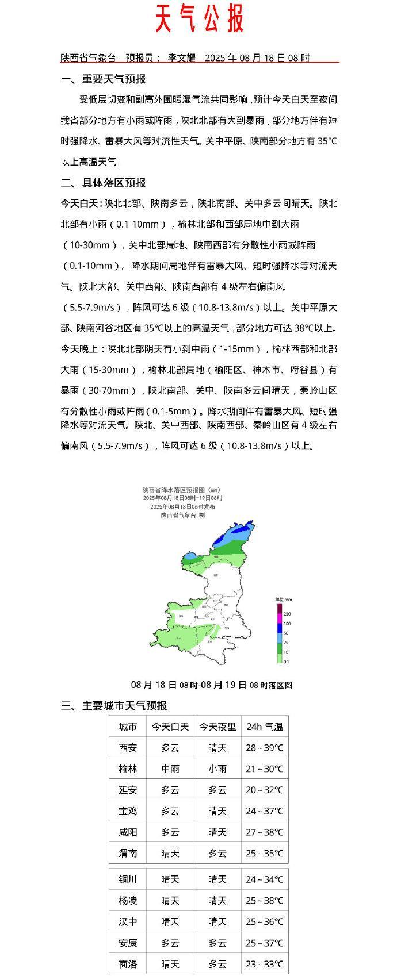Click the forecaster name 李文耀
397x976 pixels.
click(181, 58)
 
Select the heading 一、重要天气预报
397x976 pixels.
click(103, 79)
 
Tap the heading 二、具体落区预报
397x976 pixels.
click(103, 183)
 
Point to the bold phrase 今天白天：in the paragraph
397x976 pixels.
click(82, 203)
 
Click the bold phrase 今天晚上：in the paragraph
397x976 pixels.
click(83, 349)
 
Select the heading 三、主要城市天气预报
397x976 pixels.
click(114, 706)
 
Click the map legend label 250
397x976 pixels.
click(287, 614)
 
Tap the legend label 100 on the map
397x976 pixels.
click(287, 624)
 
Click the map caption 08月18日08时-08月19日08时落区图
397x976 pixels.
click(211, 685)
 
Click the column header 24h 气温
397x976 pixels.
click(264, 727)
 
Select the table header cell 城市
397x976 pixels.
click(128, 727)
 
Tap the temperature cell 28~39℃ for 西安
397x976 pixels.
click(264, 748)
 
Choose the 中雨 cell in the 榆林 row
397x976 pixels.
click(170, 769)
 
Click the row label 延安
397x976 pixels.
click(128, 790)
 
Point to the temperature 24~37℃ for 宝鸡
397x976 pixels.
click(264, 811)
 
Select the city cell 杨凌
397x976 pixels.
click(128, 901)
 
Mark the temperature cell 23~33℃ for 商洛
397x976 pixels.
click(264, 964)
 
